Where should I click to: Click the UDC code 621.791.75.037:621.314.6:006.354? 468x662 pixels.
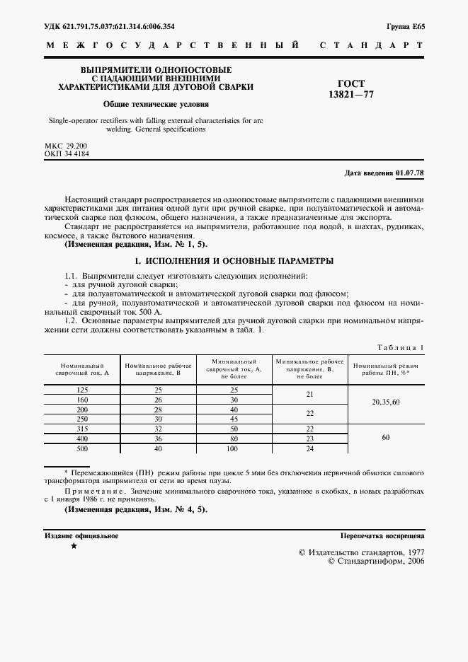pyautogui.click(x=109, y=27)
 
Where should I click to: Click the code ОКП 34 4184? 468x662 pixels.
pyautogui.click(x=67, y=153)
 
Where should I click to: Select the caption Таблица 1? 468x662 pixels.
pyautogui.click(x=399, y=347)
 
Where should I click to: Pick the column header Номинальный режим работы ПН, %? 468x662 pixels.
pyautogui.click(x=386, y=367)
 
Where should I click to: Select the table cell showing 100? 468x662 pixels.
pyautogui.click(x=234, y=448)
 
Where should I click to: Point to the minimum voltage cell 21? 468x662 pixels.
pyautogui.click(x=309, y=395)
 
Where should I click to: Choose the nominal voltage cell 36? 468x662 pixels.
pyautogui.click(x=158, y=439)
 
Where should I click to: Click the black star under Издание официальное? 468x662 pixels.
pyautogui.click(x=74, y=547)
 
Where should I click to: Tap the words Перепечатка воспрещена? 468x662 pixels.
pyautogui.click(x=382, y=536)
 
